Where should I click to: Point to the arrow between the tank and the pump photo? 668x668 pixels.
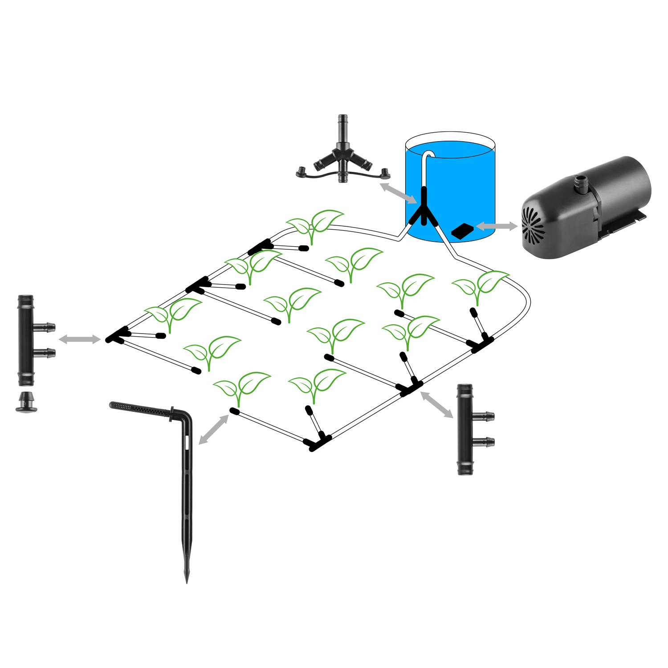[x=497, y=227]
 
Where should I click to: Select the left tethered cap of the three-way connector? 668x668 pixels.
[x=302, y=171]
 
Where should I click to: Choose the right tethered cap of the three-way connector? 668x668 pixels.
[x=383, y=171]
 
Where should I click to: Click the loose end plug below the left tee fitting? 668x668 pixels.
[x=26, y=402]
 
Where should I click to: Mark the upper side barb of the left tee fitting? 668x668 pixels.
[x=46, y=327]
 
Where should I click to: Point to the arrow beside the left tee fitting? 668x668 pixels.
[x=80, y=339]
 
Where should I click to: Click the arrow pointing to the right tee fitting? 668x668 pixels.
[x=437, y=404]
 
